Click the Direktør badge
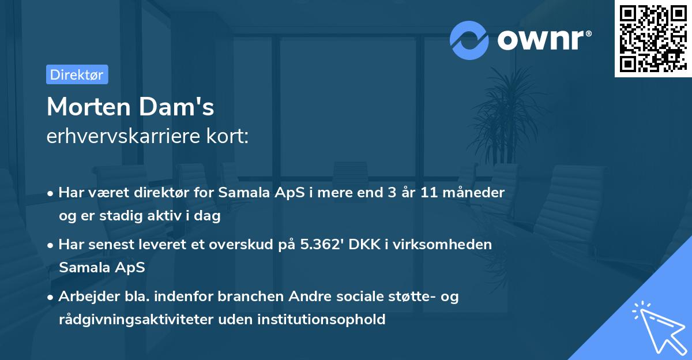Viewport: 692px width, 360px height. pos(77,74)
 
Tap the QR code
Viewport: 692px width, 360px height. pos(653,39)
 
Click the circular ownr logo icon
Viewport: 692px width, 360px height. pos(469,40)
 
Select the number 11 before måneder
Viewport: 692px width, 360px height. pos(430,193)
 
